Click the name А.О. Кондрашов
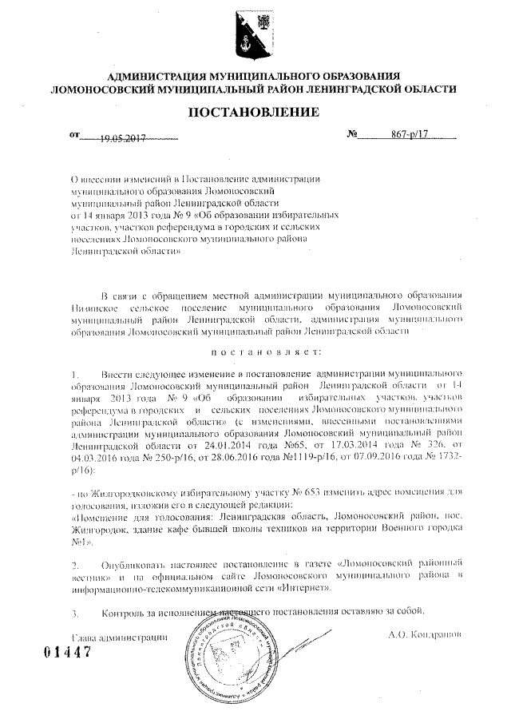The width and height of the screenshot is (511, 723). click(x=415, y=637)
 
